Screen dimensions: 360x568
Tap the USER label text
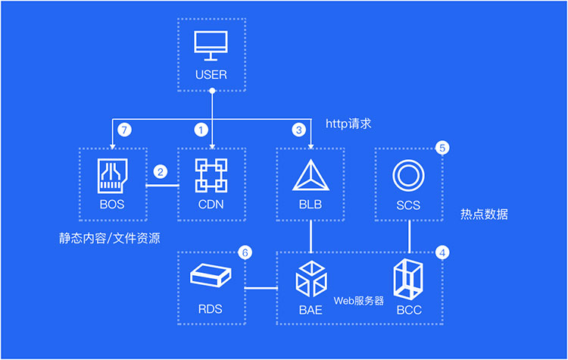click(212, 74)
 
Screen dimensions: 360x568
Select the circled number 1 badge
click(201, 130)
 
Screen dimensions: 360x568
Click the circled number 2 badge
click(161, 172)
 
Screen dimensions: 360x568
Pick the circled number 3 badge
click(299, 130)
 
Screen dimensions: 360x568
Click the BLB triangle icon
click(311, 176)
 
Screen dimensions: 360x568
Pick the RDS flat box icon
click(212, 275)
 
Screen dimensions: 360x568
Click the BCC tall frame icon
click(410, 280)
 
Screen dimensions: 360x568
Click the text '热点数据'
click(484, 214)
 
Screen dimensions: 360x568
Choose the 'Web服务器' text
click(359, 301)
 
